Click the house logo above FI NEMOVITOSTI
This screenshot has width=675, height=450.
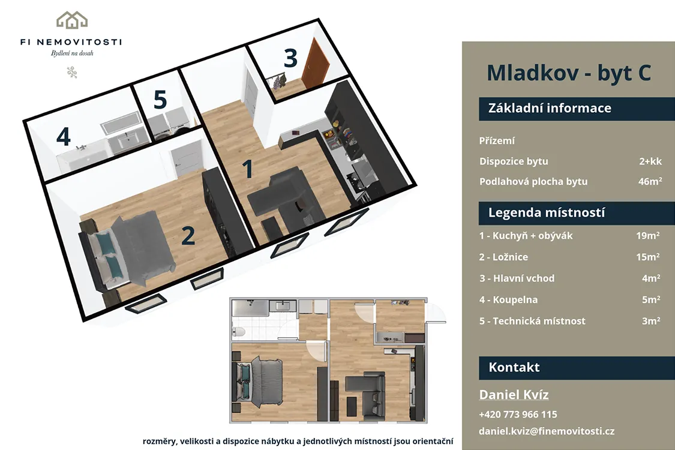72,20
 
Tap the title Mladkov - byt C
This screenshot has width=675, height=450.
569,73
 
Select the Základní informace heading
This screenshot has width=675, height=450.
549,107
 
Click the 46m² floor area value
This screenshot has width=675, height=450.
650,181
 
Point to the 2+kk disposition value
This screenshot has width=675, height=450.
650,161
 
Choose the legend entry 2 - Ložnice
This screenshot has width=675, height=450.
503,257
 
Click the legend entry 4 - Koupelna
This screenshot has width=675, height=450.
508,300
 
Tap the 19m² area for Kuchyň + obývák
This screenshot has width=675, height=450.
648,236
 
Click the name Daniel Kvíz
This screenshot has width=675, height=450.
514,394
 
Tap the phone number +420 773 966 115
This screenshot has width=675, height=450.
518,414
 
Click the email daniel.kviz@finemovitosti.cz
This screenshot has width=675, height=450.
547,431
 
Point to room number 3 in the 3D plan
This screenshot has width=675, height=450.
290,58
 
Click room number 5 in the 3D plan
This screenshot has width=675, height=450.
160,100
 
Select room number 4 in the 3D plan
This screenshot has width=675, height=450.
63,136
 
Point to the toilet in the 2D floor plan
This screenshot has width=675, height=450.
238,332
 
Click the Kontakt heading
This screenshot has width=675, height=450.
514,367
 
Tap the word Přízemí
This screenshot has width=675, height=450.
497,141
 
